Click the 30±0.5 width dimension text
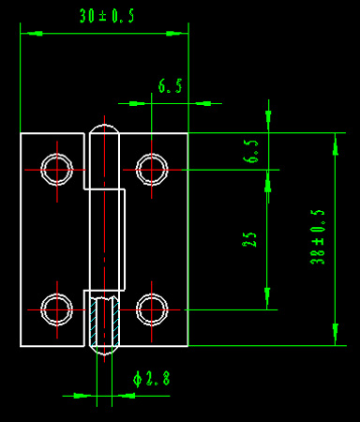coord(107,16)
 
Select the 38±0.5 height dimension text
coord(318,237)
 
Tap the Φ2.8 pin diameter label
coord(152,379)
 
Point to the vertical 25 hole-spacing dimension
coord(249,240)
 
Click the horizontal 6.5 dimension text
coord(170,86)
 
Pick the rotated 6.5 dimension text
coord(250,151)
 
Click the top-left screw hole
coord(57,170)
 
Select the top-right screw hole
coord(152,170)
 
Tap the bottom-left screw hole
coord(57,309)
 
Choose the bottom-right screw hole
coord(152,309)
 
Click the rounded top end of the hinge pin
coord(104,126)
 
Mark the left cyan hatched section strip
coord(93,322)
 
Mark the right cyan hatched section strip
coord(115,322)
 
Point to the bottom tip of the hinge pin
coord(104,355)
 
